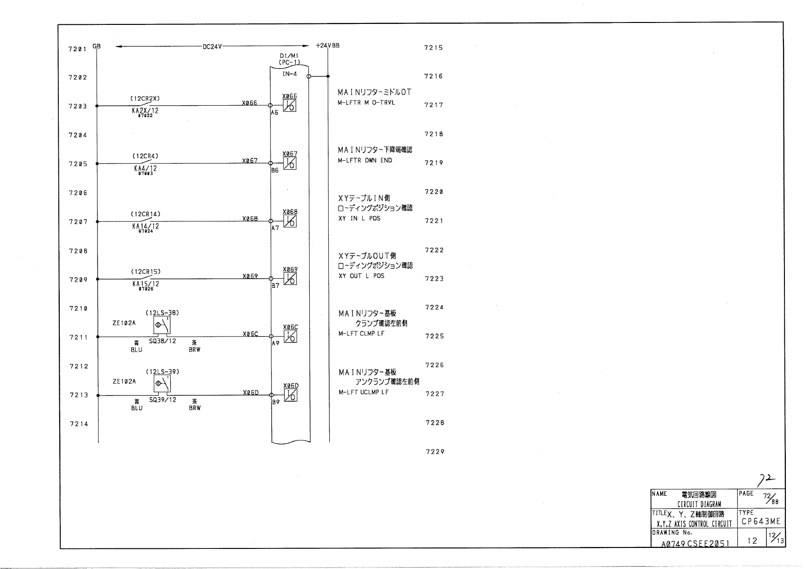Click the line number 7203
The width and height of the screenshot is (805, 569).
(x=78, y=106)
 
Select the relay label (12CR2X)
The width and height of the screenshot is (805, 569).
(x=145, y=98)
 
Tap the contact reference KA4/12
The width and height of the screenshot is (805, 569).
(x=145, y=168)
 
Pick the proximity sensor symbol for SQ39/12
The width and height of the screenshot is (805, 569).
(x=162, y=384)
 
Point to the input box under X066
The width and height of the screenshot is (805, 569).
(x=290, y=106)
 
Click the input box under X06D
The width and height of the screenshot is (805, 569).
(x=291, y=395)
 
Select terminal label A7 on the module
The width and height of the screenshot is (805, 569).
(x=275, y=228)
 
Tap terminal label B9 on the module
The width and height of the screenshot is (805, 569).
(x=276, y=403)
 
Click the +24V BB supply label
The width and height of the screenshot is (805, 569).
(x=327, y=46)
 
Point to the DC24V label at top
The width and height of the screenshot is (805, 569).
(x=212, y=46)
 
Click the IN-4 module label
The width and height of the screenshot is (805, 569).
(x=290, y=74)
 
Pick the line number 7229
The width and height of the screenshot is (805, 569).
(x=435, y=451)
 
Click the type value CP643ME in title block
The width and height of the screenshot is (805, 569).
(x=761, y=521)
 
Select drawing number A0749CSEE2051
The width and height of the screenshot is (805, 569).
(x=696, y=543)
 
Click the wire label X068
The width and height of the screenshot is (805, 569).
(x=250, y=219)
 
